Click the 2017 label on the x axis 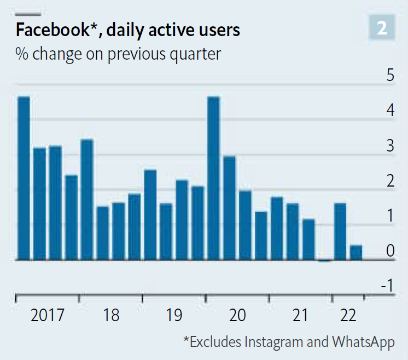click(47, 316)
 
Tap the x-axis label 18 click(110, 316)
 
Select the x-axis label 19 click(174, 316)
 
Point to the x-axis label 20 click(237, 316)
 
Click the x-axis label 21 click(300, 316)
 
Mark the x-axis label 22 click(348, 316)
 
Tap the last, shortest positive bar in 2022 click(356, 253)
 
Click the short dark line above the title click(28, 14)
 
